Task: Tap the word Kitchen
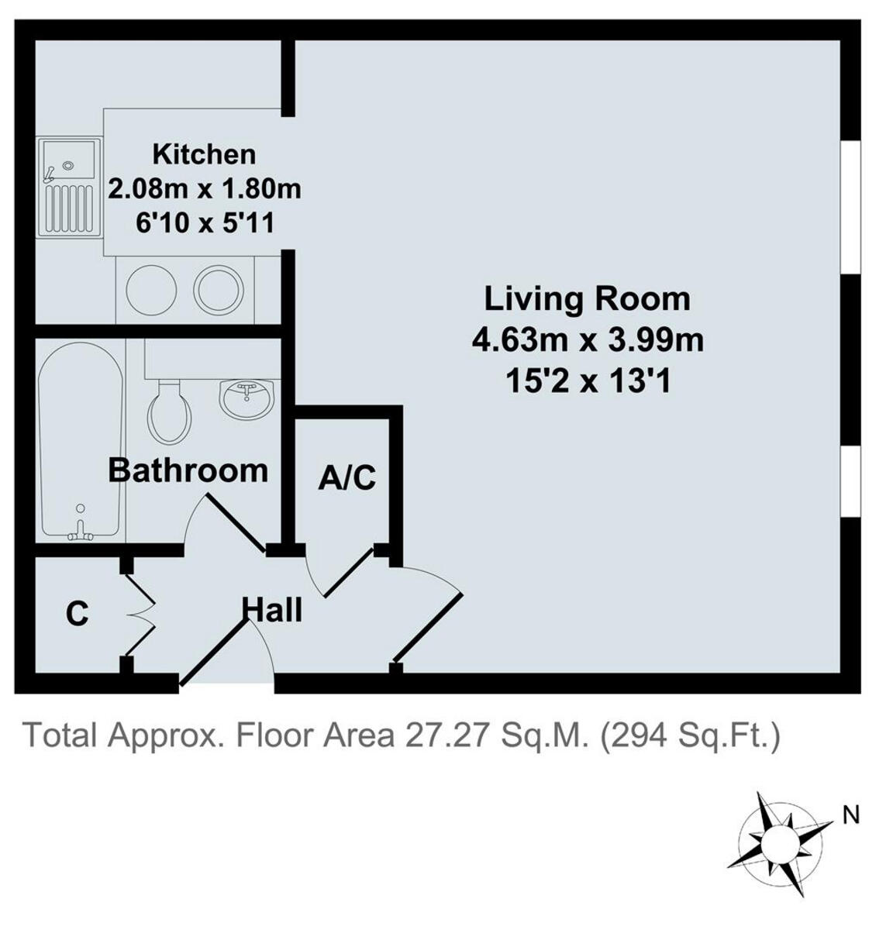coord(204,153)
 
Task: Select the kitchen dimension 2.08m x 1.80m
coord(204,188)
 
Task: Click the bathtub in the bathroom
coord(81,442)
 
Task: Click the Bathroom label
coord(188,470)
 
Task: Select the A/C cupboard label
coord(347,478)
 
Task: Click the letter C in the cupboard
coord(77,614)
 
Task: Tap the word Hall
coord(273,610)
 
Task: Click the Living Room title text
coord(587,298)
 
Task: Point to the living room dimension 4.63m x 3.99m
coord(588,339)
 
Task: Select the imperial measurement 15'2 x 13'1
coord(588,381)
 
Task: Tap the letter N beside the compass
coord(851,815)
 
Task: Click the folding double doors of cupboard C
coord(140,614)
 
